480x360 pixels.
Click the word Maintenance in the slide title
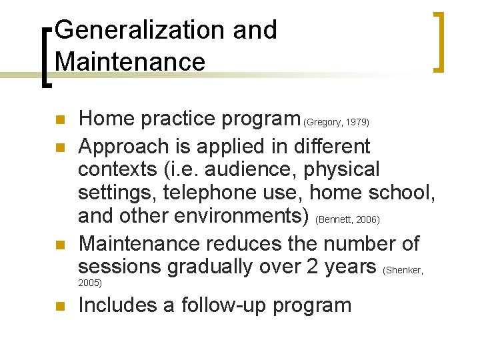click(x=131, y=62)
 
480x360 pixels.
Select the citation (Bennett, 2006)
click(x=347, y=219)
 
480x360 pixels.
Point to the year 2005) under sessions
click(x=90, y=283)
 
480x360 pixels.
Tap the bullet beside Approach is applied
click(x=59, y=147)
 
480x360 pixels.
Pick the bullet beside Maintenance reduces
click(x=59, y=244)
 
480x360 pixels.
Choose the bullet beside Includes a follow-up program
click(x=59, y=307)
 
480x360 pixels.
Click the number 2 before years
click(x=312, y=267)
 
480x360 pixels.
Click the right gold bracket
click(x=438, y=41)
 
